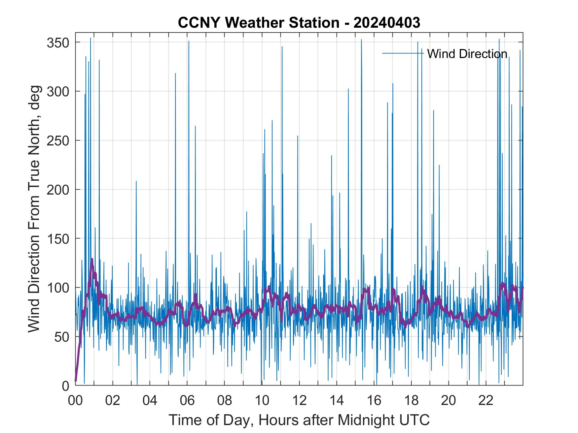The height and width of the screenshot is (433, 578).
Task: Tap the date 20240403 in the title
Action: (x=387, y=23)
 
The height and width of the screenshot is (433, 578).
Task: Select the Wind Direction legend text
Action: (x=467, y=54)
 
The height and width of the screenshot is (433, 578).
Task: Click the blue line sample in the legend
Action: (x=402, y=53)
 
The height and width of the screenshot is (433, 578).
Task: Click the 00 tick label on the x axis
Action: (x=75, y=401)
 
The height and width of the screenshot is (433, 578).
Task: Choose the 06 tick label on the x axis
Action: (x=187, y=401)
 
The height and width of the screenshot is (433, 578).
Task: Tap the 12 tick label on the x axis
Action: (x=299, y=401)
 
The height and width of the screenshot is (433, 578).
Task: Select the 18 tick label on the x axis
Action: (x=411, y=401)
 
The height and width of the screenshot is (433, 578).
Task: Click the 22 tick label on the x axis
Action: (x=486, y=401)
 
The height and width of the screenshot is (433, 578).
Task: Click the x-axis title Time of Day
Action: (x=299, y=420)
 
